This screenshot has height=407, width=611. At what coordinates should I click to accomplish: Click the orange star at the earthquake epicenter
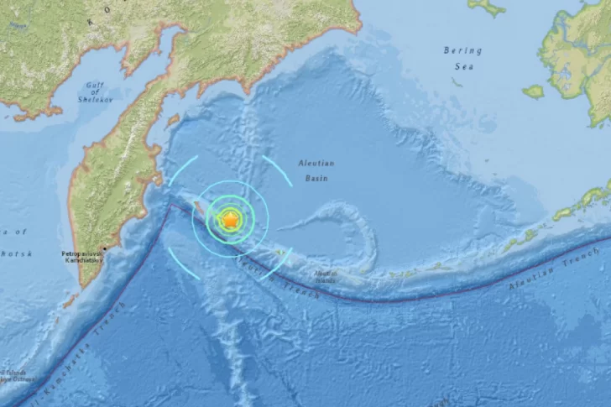tap(230, 220)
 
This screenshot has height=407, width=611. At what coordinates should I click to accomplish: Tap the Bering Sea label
tap(462, 56)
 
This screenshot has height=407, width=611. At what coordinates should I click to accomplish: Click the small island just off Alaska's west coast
tap(534, 91)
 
